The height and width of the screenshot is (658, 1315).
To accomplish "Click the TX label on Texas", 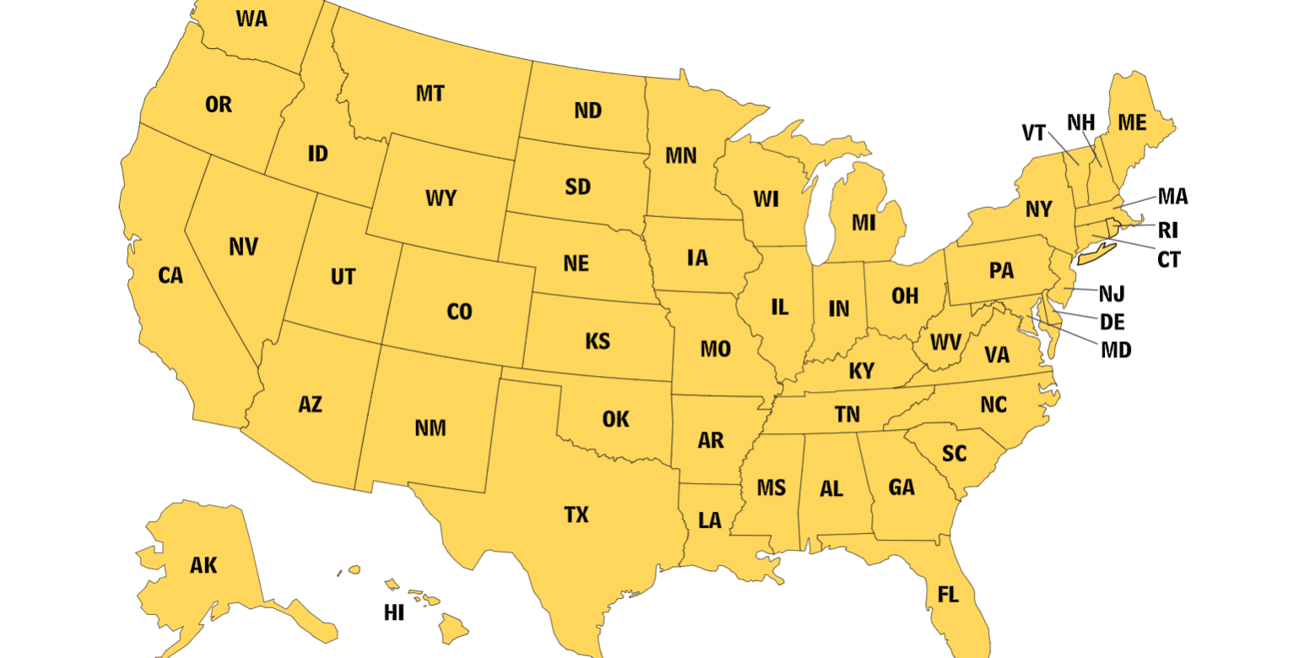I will [x=576, y=514].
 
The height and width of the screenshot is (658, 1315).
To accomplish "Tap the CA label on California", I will [x=170, y=275].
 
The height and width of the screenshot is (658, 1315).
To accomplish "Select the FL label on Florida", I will [x=948, y=595].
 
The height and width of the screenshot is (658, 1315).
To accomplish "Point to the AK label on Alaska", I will [x=203, y=566].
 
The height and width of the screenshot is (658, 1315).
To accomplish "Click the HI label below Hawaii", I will [x=394, y=613].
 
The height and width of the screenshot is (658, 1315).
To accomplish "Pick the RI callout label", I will [x=1168, y=230].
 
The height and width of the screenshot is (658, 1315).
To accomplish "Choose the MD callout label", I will [x=1116, y=350].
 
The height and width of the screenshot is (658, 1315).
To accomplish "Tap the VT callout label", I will [x=1034, y=133].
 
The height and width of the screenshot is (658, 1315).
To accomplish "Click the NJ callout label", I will [x=1112, y=294].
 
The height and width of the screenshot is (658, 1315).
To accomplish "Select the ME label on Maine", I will [x=1132, y=122].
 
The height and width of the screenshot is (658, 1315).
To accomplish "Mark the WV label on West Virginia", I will [x=944, y=343].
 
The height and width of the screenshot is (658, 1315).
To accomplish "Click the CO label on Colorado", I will [x=459, y=313].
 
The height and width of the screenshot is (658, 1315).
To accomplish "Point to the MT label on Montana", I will [x=430, y=94].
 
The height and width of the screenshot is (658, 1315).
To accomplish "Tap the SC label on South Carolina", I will [x=954, y=454].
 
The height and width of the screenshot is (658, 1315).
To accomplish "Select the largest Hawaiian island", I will [x=453, y=628].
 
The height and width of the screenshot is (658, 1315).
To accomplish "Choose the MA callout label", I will [x=1172, y=197].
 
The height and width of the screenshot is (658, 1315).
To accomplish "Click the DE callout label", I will [x=1112, y=322].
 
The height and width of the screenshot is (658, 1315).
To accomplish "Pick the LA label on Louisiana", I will [x=710, y=520].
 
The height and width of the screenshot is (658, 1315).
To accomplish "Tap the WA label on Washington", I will [x=252, y=19].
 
